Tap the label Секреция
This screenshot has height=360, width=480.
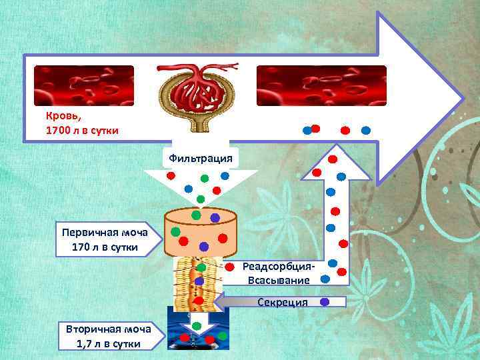point(283,302)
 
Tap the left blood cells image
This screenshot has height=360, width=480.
point(84,86)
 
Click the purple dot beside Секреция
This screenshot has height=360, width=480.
point(325,301)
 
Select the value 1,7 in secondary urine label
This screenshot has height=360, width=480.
point(86,344)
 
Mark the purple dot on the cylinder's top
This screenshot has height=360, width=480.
point(215,217)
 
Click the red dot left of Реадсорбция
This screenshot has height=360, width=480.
point(229,267)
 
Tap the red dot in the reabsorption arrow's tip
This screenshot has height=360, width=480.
point(333,159)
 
